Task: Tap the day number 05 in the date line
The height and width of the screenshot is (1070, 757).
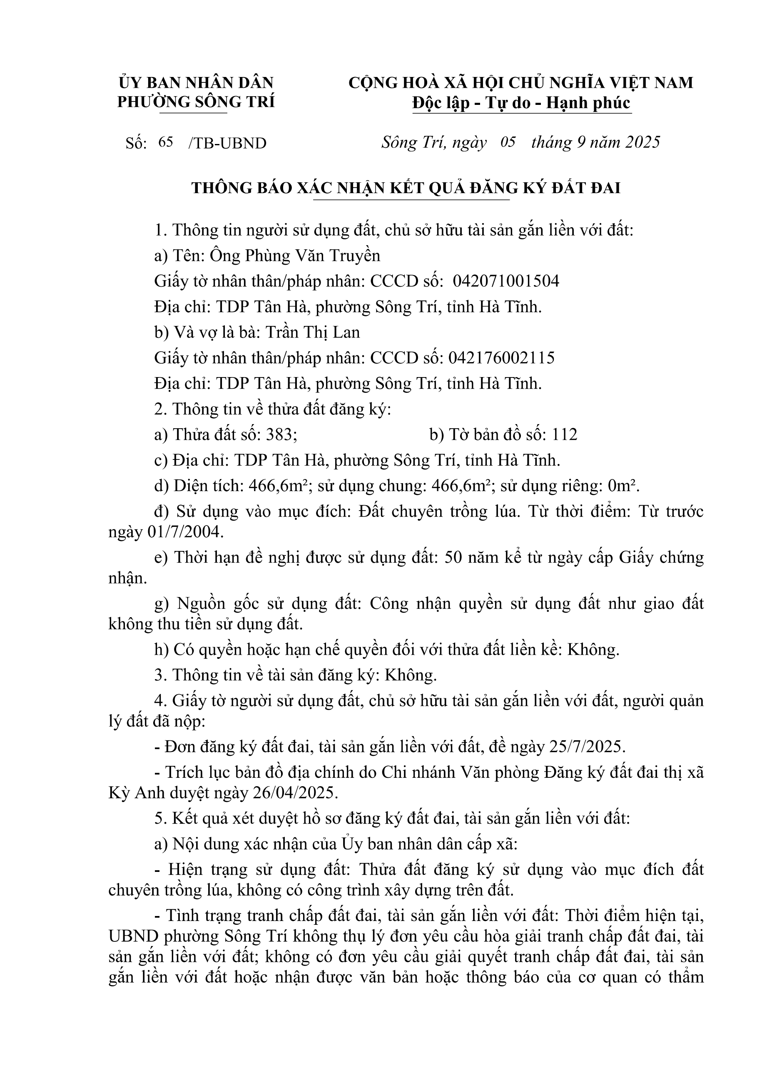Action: [x=508, y=142]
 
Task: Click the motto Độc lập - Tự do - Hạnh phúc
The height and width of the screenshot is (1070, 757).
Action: [x=521, y=103]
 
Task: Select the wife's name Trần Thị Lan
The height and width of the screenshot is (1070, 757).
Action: [x=313, y=332]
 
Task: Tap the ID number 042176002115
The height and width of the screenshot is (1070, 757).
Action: [x=502, y=358]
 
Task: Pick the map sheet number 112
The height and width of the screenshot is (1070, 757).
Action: [x=565, y=435]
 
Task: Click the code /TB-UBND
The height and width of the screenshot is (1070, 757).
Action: [x=227, y=143]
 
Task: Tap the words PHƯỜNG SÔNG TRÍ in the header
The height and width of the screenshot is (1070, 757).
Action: [x=196, y=102]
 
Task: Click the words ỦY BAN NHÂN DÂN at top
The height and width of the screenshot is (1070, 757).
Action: [x=196, y=82]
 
